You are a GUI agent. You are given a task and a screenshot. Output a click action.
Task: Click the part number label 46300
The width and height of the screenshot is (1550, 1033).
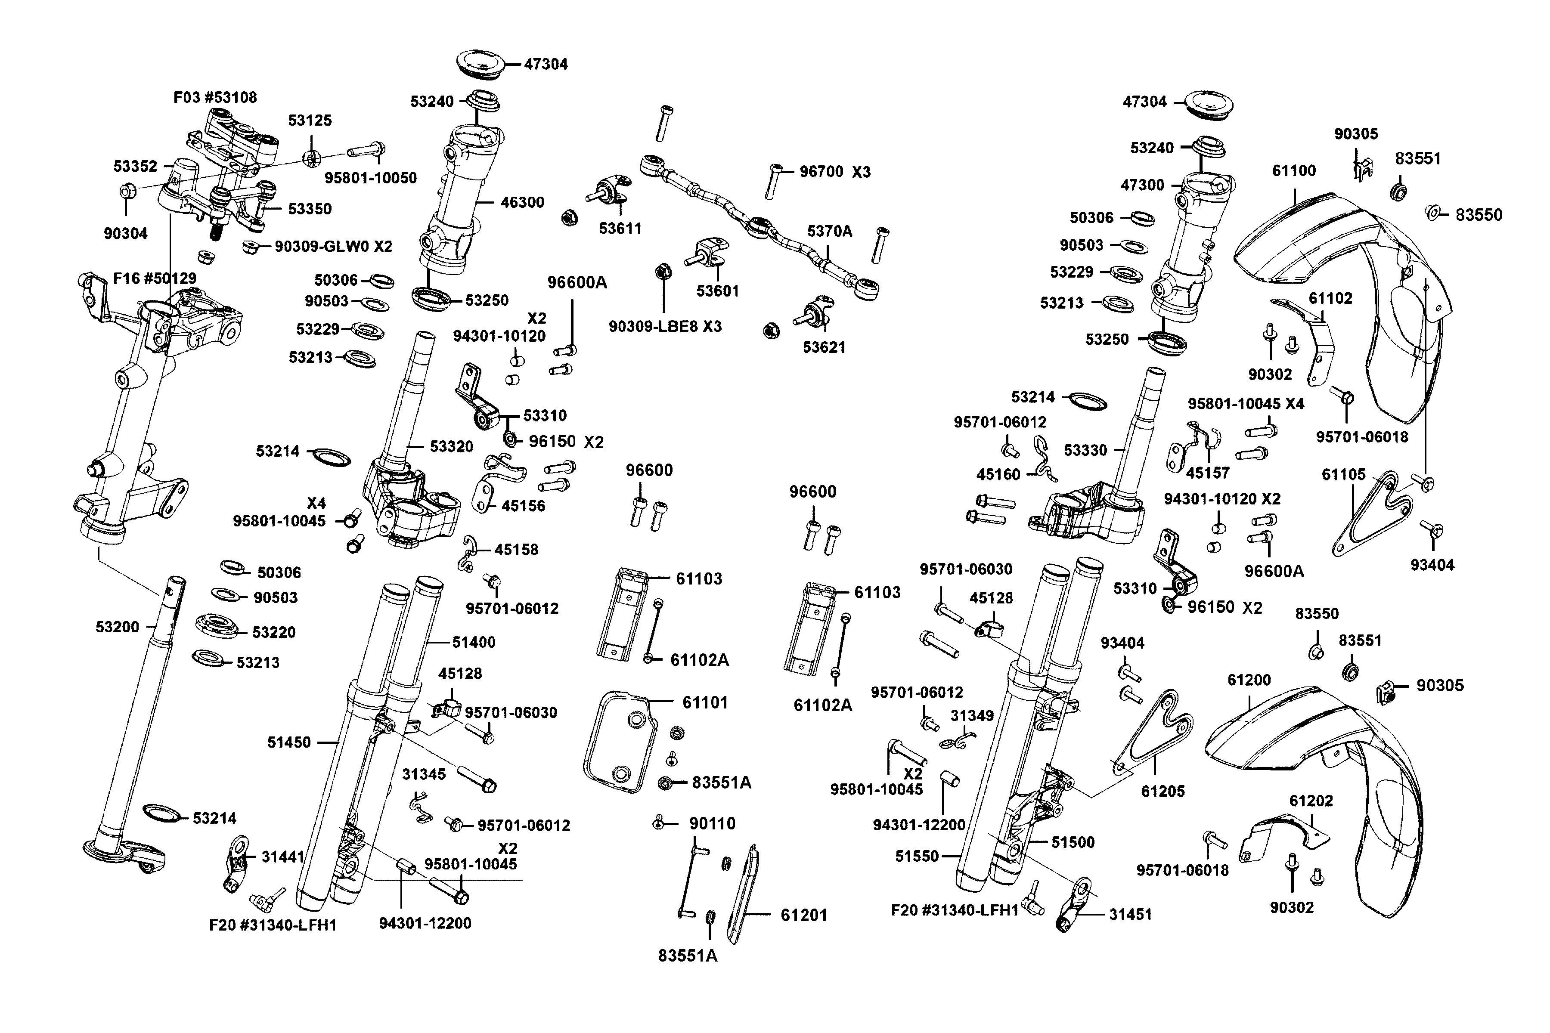point(522,202)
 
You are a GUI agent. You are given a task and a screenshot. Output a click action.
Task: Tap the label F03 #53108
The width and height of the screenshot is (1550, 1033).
point(215,98)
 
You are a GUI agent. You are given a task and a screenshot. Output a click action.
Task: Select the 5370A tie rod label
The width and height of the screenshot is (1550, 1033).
point(829,231)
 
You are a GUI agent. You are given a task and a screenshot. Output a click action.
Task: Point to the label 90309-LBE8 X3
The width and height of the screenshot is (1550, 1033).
point(665,326)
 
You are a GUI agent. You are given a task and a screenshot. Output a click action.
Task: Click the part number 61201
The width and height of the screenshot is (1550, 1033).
point(803,915)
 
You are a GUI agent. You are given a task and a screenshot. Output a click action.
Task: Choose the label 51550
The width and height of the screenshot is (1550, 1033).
point(917,857)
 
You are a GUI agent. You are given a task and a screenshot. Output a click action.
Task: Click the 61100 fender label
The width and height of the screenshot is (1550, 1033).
point(1294,170)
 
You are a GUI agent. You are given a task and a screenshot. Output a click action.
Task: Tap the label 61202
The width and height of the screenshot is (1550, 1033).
point(1311,801)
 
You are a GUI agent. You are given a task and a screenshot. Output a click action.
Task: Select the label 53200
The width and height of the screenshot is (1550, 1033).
point(117,627)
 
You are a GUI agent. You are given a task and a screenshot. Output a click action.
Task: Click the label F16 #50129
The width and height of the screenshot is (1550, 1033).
point(155,278)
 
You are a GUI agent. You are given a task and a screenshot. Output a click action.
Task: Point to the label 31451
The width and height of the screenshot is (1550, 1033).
point(1130,914)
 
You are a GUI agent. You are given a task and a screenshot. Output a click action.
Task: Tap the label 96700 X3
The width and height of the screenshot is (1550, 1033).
point(834,172)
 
